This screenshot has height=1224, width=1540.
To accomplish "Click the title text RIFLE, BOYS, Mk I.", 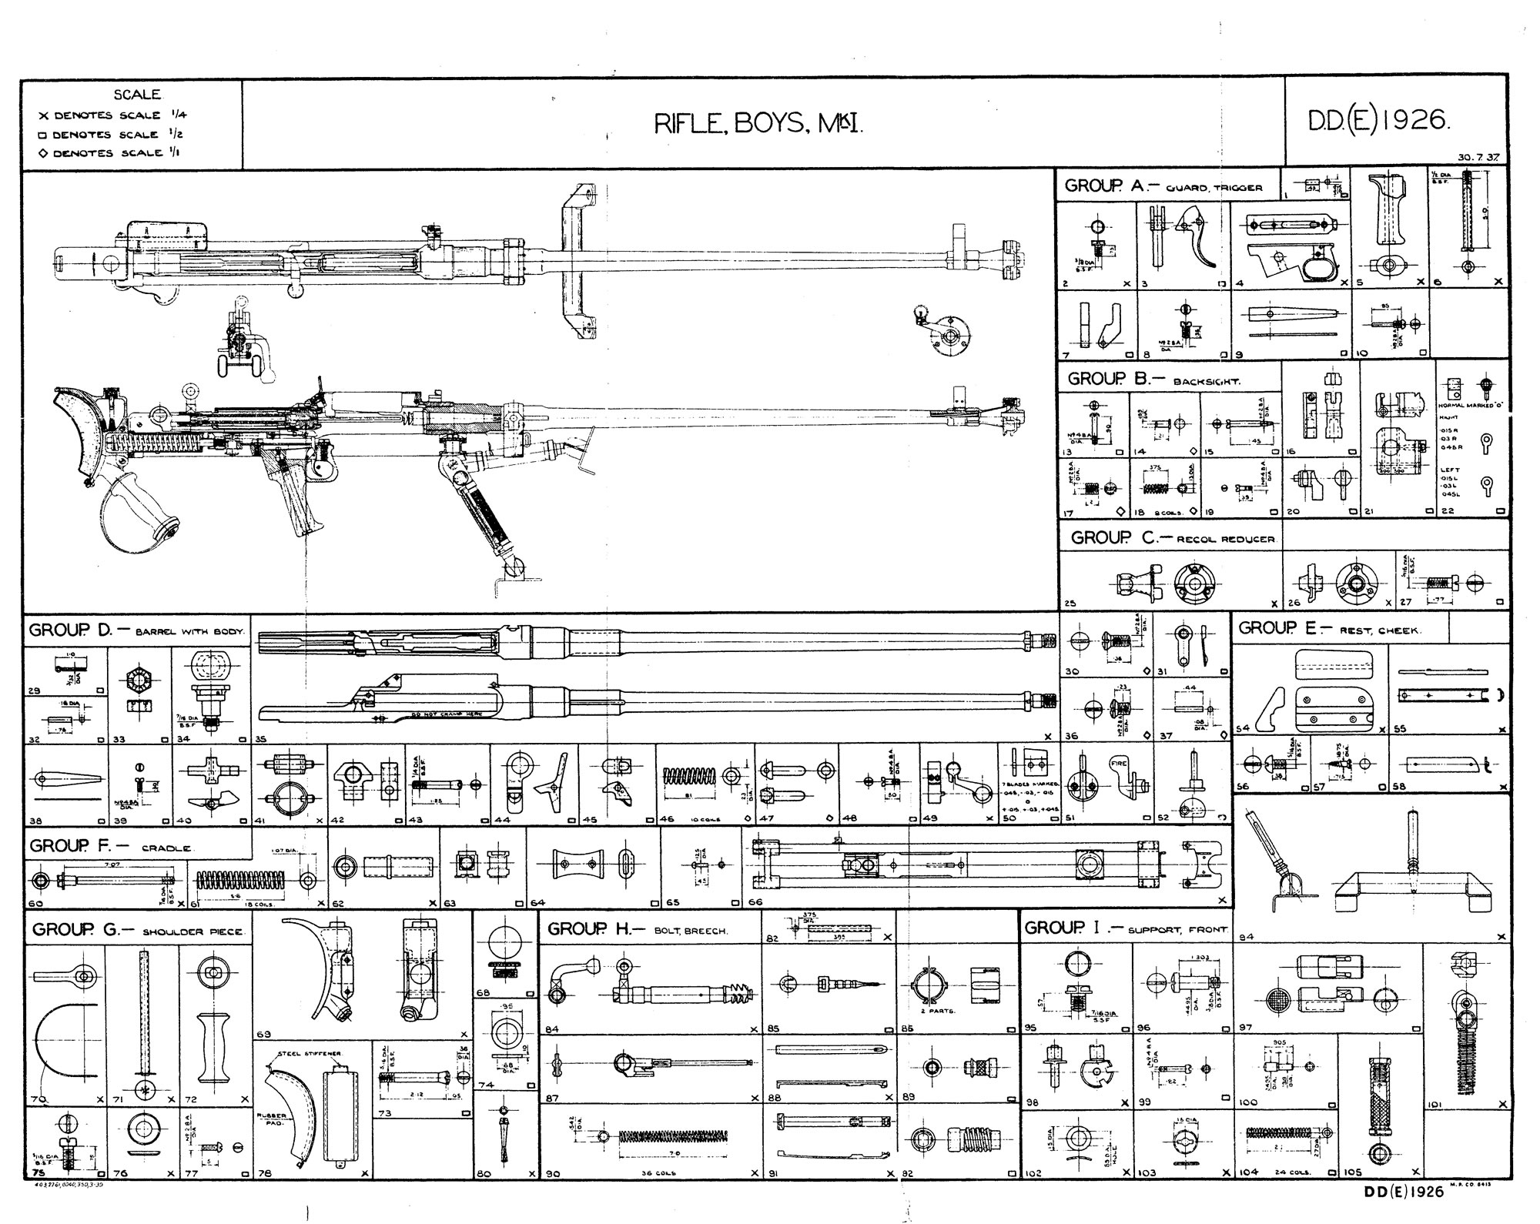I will (x=758, y=124).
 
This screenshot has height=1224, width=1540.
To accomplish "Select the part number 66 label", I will (x=756, y=901).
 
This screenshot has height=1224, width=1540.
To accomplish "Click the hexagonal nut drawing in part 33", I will (x=138, y=680).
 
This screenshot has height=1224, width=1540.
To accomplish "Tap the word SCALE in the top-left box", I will (x=137, y=95).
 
